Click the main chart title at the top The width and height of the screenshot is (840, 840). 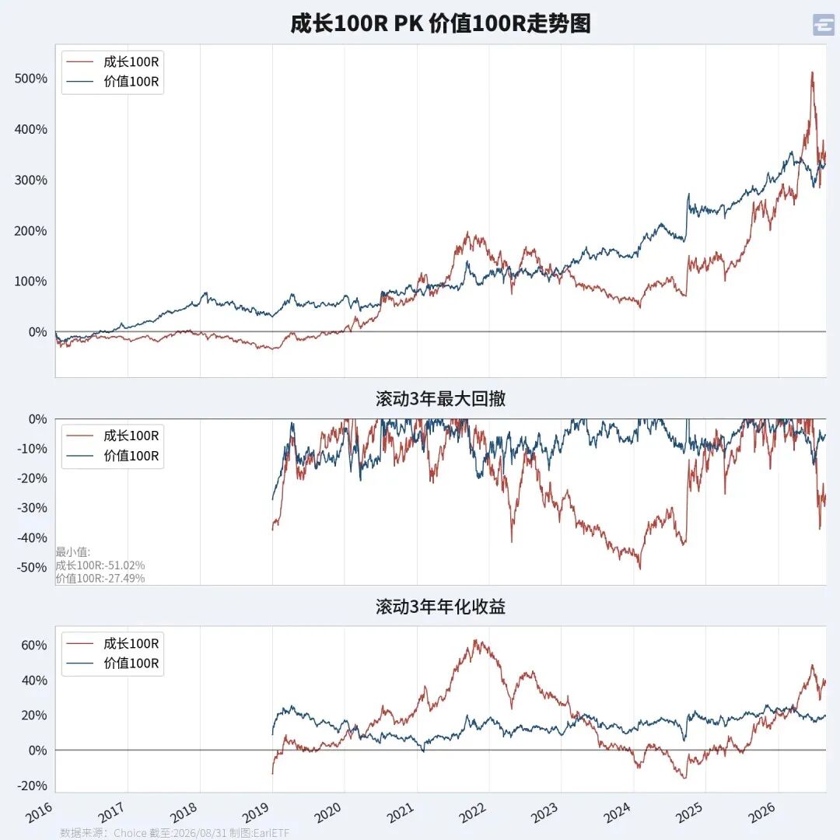440,23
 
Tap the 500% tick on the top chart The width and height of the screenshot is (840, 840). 30,79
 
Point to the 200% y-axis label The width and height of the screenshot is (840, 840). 30,231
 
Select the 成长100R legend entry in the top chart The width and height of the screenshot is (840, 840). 113,61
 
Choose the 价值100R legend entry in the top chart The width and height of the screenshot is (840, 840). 113,82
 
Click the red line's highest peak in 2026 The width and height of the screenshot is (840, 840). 812,72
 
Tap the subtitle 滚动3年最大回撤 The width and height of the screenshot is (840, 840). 440,398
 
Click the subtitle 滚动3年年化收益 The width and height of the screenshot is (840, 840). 440,607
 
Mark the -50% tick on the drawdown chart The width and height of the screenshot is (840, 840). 31,567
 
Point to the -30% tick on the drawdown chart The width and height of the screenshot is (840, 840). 31,508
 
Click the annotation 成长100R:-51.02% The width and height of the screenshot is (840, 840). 100,565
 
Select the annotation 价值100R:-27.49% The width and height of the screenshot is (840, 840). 100,578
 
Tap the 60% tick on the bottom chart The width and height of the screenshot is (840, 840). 33,645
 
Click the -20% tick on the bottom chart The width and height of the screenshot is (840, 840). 32,786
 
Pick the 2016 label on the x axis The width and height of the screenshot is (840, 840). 39,812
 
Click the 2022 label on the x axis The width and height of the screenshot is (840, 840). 473,812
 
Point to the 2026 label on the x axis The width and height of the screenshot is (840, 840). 761,812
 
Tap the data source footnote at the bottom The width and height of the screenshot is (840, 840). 175,832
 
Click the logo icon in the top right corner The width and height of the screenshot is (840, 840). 824,25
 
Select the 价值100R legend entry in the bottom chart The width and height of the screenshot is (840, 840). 113,663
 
